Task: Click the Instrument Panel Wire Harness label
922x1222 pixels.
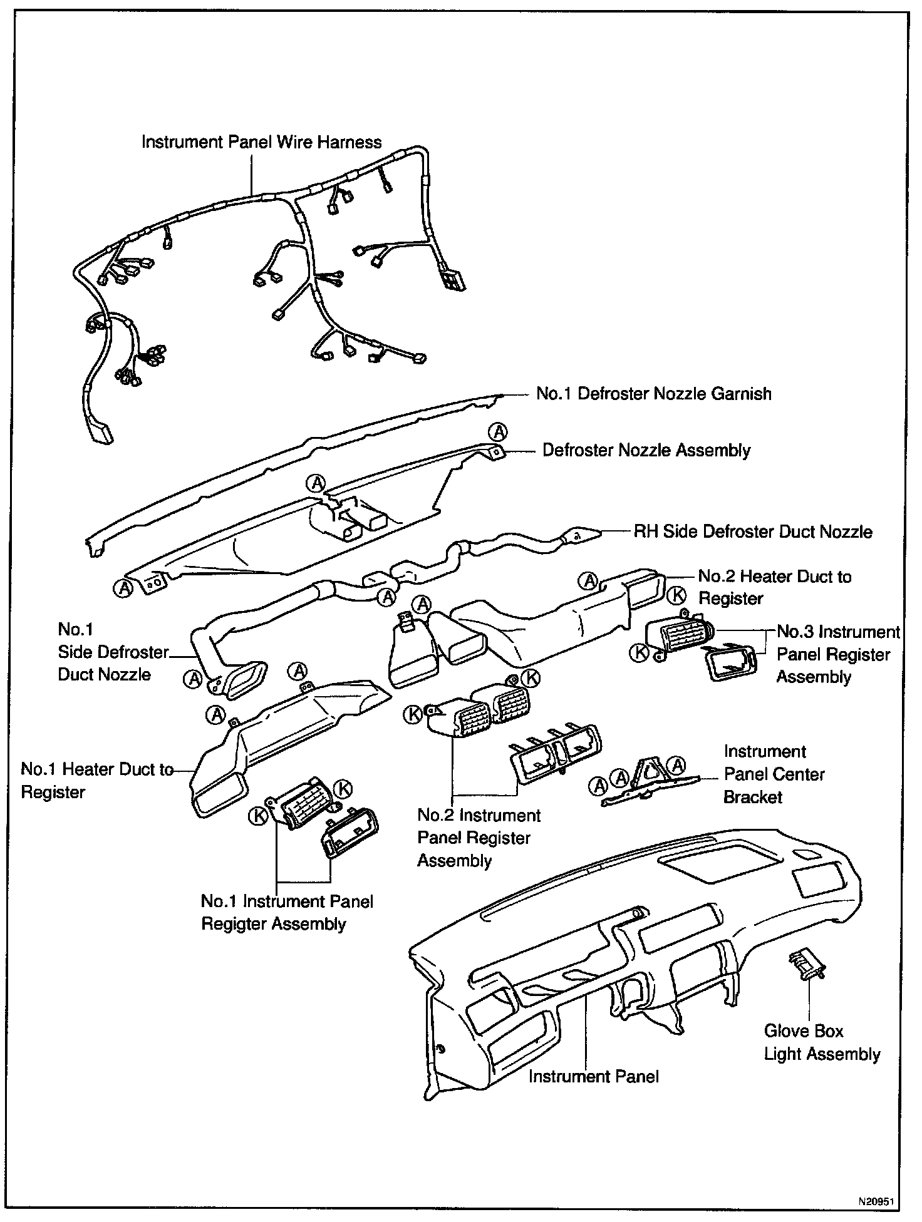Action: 261,143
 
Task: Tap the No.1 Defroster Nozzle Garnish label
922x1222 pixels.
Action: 653,394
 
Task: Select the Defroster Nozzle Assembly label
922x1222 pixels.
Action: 646,450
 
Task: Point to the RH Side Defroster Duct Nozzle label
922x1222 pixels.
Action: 753,531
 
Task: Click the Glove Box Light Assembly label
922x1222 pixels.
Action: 821,1042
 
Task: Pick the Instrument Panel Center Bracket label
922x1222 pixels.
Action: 774,774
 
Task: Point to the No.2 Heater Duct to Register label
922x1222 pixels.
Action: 774,587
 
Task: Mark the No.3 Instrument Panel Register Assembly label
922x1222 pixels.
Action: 837,654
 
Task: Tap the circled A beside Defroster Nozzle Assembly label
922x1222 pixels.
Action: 499,431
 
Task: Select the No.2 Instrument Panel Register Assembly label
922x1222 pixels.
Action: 479,838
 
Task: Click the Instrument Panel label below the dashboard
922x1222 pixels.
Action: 593,1076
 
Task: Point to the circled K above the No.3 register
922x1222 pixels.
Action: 677,596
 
